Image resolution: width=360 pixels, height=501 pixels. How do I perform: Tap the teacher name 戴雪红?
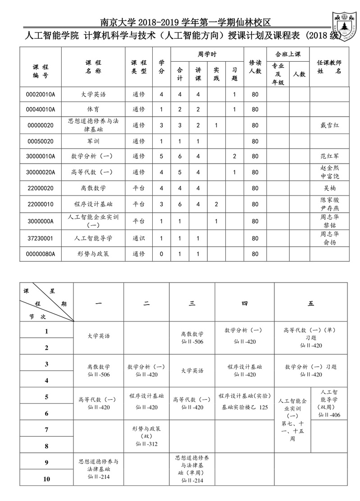coord(329,125)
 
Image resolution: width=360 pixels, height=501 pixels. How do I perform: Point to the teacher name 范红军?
coord(329,156)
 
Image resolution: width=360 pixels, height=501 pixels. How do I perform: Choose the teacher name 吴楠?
coord(329,188)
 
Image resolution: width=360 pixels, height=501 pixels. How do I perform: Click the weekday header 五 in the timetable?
coord(311,304)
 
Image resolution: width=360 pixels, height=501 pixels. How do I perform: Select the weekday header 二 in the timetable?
coord(146,304)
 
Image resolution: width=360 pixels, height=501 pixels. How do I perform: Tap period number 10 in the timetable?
coord(46,479)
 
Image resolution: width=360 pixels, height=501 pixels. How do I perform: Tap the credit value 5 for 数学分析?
coord(161,156)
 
